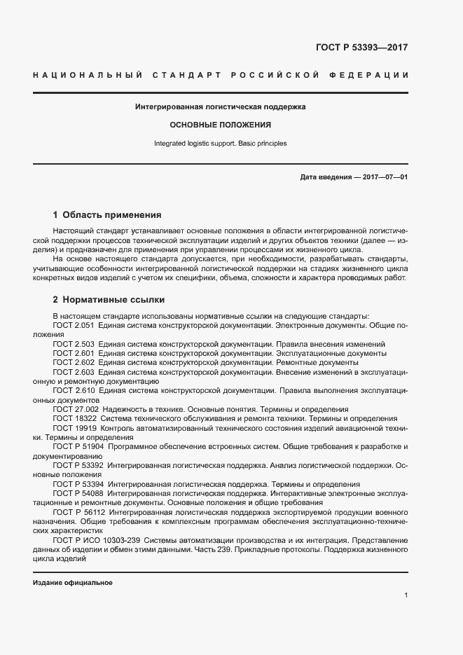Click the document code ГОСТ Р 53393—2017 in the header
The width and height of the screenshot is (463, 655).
pyautogui.click(x=361, y=48)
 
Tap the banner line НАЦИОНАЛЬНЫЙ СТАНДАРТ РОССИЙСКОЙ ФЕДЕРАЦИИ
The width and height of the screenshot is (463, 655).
pyautogui.click(x=221, y=75)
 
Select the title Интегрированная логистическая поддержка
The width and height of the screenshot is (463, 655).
pyautogui.click(x=221, y=107)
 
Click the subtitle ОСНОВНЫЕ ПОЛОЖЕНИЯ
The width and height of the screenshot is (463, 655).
pyautogui.click(x=221, y=125)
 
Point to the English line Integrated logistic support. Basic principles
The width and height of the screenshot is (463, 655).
pyautogui.click(x=221, y=144)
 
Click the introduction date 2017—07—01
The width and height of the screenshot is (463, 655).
pyautogui.click(x=385, y=177)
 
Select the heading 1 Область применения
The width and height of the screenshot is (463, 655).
pyautogui.click(x=107, y=214)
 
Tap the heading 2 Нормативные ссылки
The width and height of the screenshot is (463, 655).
pyautogui.click(x=109, y=300)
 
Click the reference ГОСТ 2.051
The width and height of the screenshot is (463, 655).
pyautogui.click(x=74, y=326)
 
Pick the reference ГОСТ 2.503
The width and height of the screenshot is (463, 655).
pyautogui.click(x=74, y=344)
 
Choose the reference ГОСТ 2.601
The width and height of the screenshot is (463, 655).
pyautogui.click(x=74, y=353)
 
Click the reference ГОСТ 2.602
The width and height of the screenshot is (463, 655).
pyautogui.click(x=74, y=362)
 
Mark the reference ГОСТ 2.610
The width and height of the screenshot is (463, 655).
pyautogui.click(x=74, y=390)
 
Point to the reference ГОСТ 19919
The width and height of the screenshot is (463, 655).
pyautogui.click(x=74, y=427)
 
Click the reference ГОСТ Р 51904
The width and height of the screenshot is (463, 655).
pyautogui.click(x=78, y=446)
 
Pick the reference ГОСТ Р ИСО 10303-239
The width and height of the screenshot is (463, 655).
pyautogui.click(x=97, y=540)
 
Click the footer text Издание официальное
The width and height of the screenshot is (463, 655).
pyautogui.click(x=73, y=583)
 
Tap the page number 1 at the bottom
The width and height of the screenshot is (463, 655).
pyautogui.click(x=406, y=595)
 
